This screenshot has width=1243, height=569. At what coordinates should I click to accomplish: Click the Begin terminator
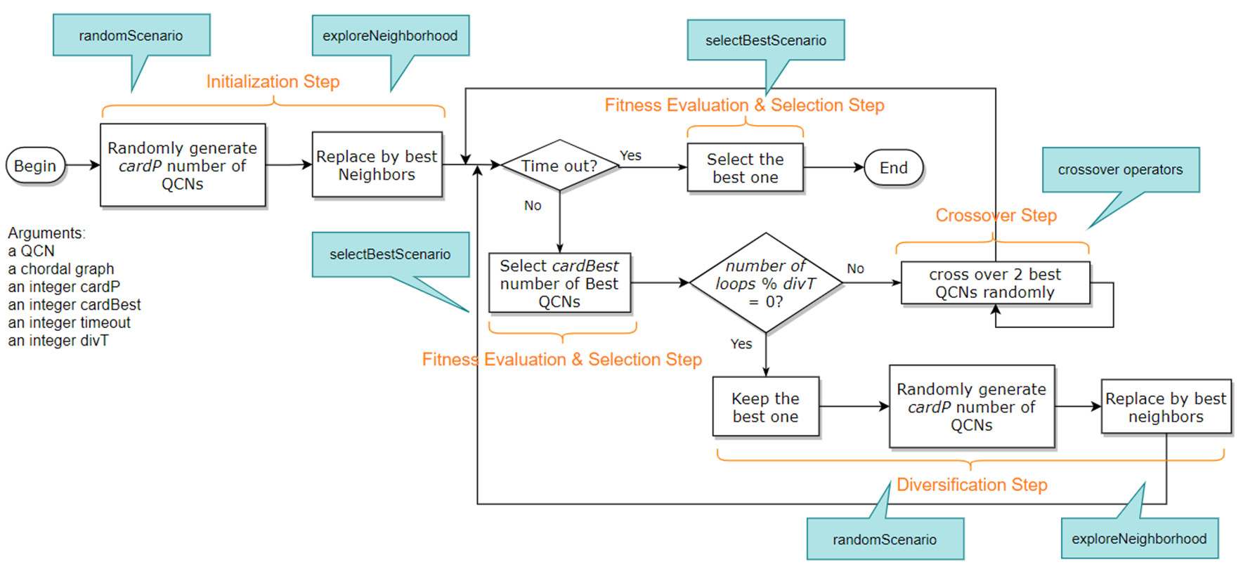click(35, 166)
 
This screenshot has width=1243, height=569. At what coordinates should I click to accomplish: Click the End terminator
click(893, 168)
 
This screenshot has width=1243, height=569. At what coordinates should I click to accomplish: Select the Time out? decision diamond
click(559, 166)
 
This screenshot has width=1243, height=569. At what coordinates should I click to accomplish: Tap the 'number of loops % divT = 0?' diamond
click(765, 283)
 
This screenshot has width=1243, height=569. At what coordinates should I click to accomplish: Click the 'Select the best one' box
click(745, 168)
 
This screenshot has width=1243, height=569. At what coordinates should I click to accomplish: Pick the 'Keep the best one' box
click(765, 407)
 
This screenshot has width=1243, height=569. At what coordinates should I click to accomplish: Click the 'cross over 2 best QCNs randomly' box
click(995, 283)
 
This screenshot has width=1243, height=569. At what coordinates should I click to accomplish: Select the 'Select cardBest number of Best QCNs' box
click(559, 283)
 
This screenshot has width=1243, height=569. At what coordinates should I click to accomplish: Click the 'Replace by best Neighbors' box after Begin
click(377, 165)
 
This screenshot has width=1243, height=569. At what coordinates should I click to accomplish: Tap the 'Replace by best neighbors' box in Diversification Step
click(1165, 407)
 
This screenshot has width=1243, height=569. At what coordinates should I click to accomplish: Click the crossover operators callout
click(1120, 169)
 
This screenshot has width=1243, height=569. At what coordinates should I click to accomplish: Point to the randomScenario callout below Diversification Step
click(885, 539)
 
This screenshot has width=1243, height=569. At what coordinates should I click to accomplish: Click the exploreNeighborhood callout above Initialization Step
click(390, 36)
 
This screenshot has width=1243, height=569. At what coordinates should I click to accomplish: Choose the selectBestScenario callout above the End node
click(765, 40)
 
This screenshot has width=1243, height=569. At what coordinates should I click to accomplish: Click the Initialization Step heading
click(273, 81)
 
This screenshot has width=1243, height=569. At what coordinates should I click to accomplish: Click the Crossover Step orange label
click(996, 215)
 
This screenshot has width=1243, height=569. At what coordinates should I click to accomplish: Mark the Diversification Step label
click(972, 485)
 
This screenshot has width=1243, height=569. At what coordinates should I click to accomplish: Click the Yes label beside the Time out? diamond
click(630, 155)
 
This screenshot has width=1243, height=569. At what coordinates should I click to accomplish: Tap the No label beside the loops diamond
click(855, 268)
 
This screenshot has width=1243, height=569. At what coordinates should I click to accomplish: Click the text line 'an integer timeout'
click(69, 322)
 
